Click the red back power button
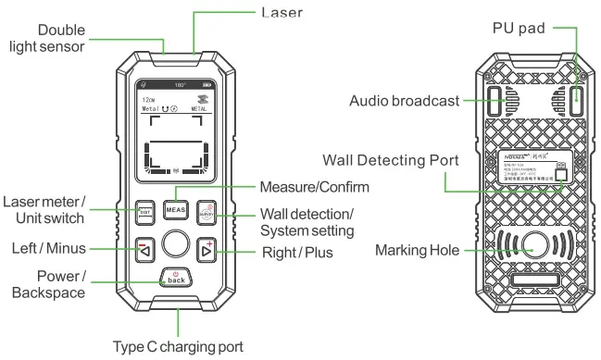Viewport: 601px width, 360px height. [x=175, y=278]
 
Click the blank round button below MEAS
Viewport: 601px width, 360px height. [x=175, y=244]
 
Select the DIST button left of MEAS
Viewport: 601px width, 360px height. [x=144, y=211]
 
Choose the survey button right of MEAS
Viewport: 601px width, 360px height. [x=206, y=211]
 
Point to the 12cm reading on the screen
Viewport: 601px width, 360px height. [x=147, y=99]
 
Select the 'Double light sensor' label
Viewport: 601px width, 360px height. [x=62, y=38]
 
